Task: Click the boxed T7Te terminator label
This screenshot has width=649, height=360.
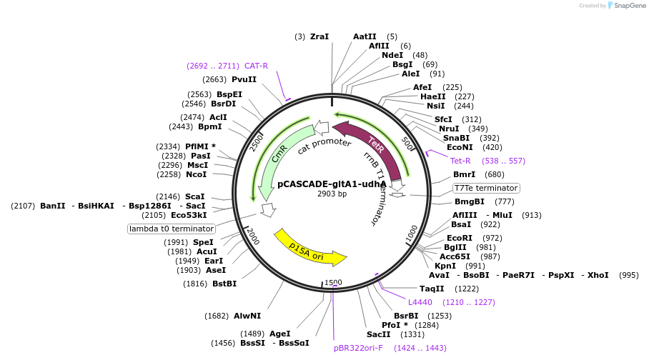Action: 486,188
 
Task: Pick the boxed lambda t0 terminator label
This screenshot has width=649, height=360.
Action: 172,229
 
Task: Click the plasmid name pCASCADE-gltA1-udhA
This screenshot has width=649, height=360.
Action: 332,184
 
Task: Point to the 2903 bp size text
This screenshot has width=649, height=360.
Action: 332,194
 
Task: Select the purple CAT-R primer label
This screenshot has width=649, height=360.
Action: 256,66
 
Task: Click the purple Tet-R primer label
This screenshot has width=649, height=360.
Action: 460,161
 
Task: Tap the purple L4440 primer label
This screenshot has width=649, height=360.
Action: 420,302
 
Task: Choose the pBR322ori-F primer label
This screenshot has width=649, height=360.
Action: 358,348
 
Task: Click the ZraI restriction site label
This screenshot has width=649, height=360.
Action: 319,36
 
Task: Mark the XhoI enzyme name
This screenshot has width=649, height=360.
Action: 598,275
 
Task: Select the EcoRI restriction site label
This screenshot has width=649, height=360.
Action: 460,238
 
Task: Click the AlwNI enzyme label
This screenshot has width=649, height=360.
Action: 247,316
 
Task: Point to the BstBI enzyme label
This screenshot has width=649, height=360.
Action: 224,284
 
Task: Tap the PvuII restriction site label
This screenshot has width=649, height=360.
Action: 244,79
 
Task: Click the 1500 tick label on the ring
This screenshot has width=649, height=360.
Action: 333,282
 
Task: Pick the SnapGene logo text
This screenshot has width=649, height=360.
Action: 630,6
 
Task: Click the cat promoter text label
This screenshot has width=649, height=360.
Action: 324,145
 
